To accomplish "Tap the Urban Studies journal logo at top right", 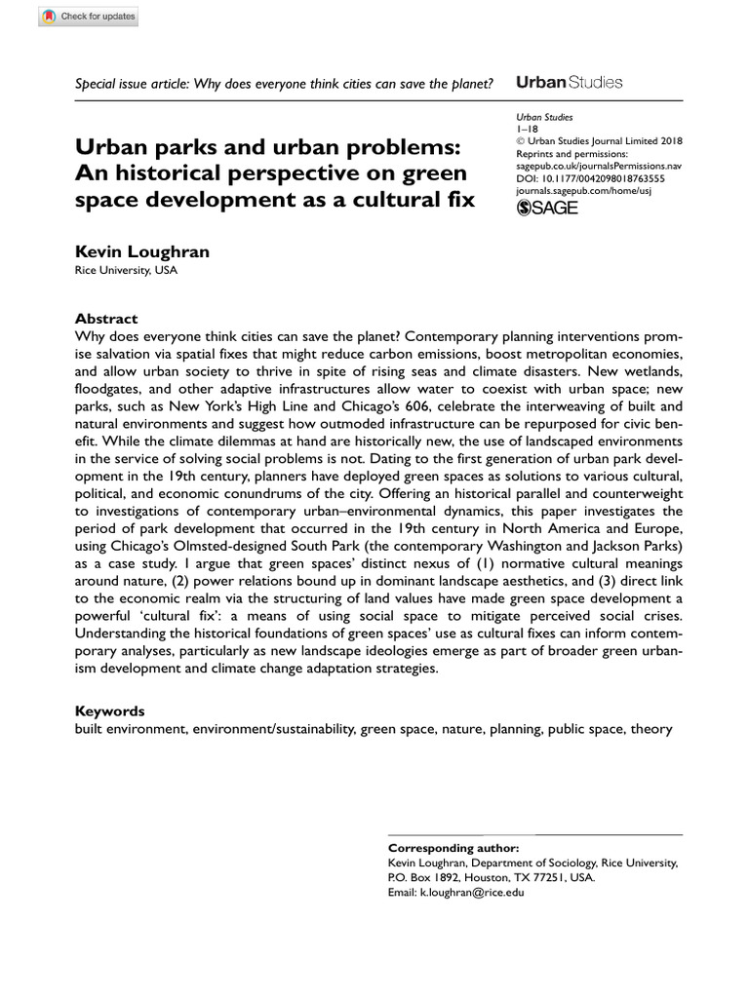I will click(568, 83).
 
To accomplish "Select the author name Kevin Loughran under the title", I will click(142, 251).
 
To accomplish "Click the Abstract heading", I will click(106, 319).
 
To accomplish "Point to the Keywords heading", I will click(109, 710).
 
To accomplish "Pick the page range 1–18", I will click(528, 128).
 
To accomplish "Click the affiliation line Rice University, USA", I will click(127, 271).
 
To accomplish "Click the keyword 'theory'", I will click(650, 728).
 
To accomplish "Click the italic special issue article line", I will click(283, 84).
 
